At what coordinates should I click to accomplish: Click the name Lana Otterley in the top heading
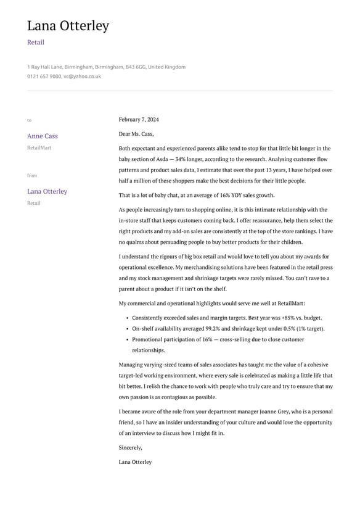(68, 26)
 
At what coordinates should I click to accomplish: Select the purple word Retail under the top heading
(36, 43)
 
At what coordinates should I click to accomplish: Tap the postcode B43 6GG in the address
(135, 67)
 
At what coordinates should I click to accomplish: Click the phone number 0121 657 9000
(44, 77)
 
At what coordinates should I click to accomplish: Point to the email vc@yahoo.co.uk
(82, 77)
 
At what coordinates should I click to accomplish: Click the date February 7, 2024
(139, 120)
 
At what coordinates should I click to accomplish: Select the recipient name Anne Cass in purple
(43, 136)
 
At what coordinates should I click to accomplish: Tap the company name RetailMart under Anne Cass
(39, 148)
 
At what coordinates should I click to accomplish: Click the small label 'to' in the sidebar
(29, 120)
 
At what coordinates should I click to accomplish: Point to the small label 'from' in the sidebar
(32, 176)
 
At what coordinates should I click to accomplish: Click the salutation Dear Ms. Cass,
(136, 134)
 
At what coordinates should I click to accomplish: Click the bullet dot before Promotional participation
(126, 339)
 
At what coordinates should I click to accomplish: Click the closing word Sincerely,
(131, 447)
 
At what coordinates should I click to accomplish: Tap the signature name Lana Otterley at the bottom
(135, 461)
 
